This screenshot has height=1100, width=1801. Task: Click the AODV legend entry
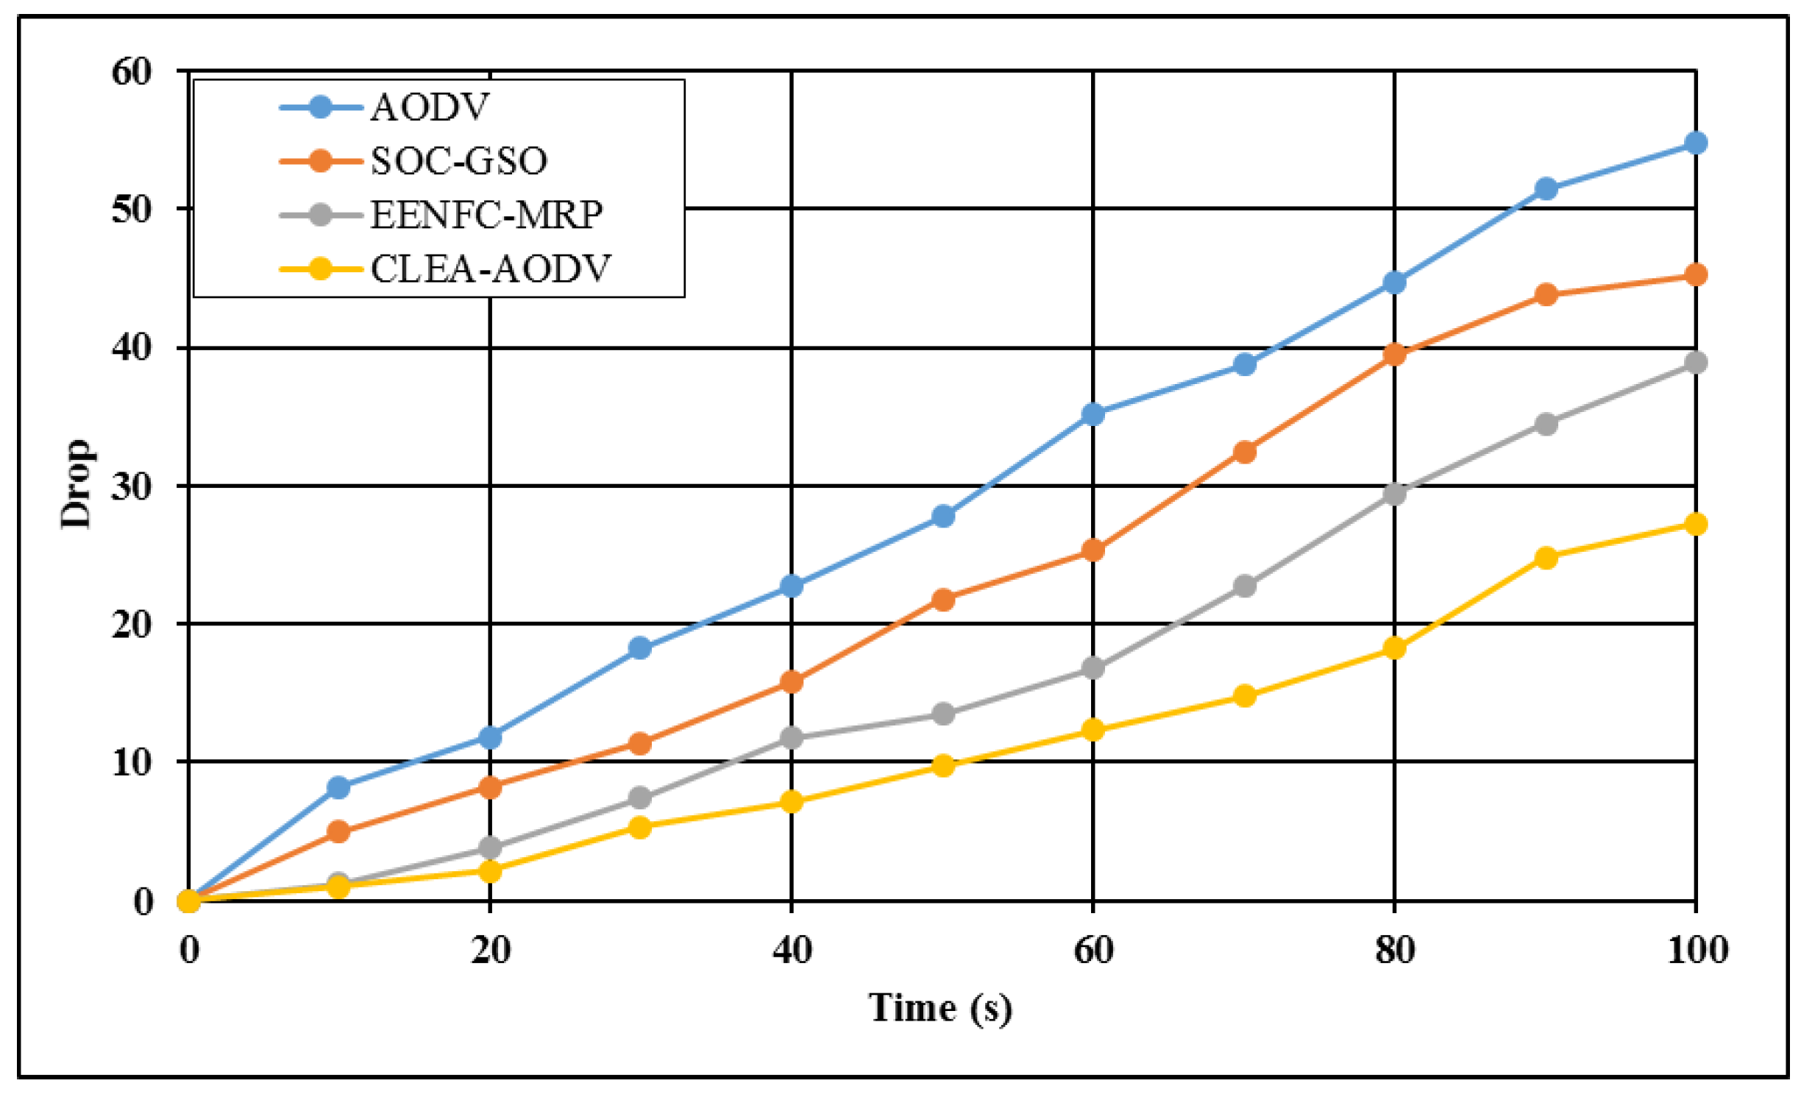point(429,107)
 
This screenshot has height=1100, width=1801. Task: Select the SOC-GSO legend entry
point(458,161)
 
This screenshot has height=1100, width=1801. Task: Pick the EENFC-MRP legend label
point(486,215)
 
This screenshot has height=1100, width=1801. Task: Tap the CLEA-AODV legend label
point(490,269)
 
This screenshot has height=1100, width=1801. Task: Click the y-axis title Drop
point(77,484)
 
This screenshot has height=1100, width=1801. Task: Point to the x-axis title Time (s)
point(940,1007)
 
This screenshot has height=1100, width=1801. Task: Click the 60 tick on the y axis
point(132,72)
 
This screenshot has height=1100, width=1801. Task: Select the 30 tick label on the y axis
point(132,486)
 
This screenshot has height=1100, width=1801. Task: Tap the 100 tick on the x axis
point(1697,950)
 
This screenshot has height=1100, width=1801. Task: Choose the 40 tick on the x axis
point(792,950)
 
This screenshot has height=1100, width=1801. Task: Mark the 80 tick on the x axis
point(1394,950)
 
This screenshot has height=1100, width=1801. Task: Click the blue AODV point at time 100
point(1696,143)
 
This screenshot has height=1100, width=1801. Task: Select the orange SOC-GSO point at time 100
point(1696,275)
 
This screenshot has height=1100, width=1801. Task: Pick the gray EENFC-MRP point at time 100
point(1696,363)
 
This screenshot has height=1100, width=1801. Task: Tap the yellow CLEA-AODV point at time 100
point(1696,524)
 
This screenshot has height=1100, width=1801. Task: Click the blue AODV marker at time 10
point(338,787)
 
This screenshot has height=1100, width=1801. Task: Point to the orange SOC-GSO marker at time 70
point(1244,452)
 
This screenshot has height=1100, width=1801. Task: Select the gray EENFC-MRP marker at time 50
point(943,714)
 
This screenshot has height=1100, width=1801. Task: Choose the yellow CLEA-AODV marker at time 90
point(1546,558)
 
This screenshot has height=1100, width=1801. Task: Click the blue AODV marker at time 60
point(1093,414)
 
